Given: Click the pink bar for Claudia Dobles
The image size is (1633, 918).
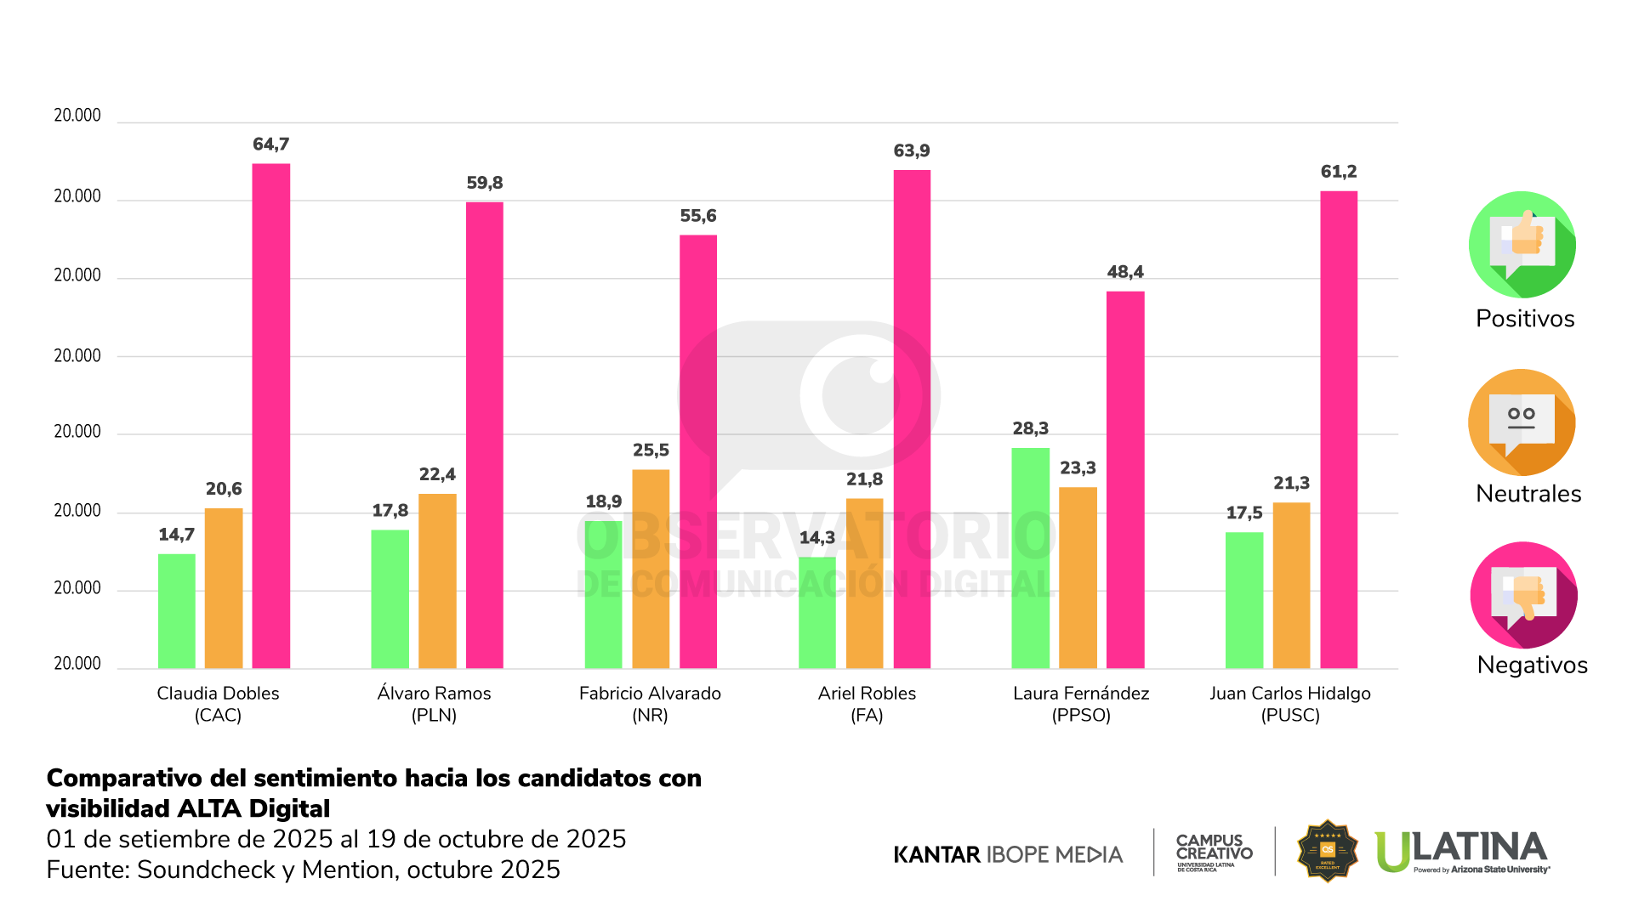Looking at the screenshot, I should pyautogui.click(x=271, y=416).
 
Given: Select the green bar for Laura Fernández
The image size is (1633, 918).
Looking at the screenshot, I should pyautogui.click(x=1030, y=558).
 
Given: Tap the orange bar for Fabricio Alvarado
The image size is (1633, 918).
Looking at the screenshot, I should pyautogui.click(x=651, y=569).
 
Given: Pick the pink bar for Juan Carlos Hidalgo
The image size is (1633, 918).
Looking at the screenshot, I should pyautogui.click(x=1339, y=429).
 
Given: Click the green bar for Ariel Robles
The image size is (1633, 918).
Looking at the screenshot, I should pyautogui.click(x=817, y=612).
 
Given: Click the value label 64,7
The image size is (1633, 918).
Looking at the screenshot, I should pyautogui.click(x=271, y=144).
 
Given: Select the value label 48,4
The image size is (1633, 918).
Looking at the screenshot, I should pyautogui.click(x=1125, y=272).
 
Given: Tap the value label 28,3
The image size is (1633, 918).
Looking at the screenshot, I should pyautogui.click(x=1030, y=428).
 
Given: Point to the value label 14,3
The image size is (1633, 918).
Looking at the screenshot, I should pyautogui.click(x=817, y=537).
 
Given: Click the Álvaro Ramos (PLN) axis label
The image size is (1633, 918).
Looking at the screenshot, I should pyautogui.click(x=434, y=704).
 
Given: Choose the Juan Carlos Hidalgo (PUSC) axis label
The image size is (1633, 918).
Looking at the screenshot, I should pyautogui.click(x=1290, y=704).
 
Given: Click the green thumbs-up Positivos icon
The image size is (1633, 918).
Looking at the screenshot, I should pyautogui.click(x=1522, y=245).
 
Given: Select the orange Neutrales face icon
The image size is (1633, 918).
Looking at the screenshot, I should pyautogui.click(x=1522, y=422).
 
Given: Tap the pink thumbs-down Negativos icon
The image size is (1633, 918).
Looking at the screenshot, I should pyautogui.click(x=1523, y=595).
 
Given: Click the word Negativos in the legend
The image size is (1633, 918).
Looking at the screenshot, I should pyautogui.click(x=1532, y=665).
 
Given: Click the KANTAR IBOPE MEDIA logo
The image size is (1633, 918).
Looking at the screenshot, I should pyautogui.click(x=1008, y=854).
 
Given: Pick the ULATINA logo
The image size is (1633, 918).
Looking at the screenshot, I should pyautogui.click(x=1461, y=851).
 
